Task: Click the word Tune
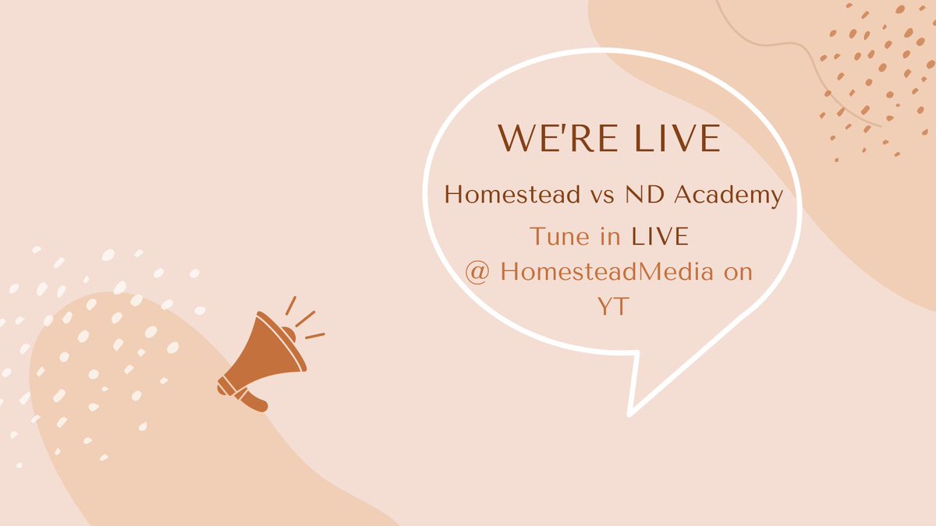pos(556,236)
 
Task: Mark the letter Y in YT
pos(602,308)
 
